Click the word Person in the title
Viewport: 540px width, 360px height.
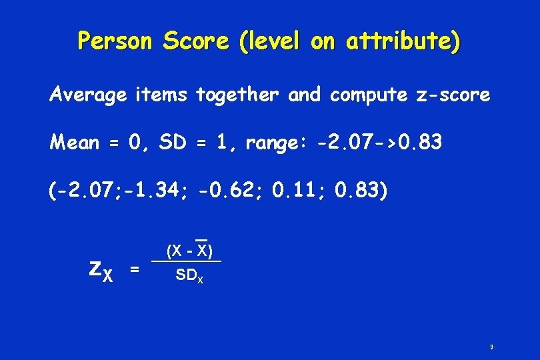pos(115,41)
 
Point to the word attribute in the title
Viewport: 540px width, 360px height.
pos(400,41)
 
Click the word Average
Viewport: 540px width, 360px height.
pos(87,95)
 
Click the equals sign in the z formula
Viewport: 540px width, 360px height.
pos(135,269)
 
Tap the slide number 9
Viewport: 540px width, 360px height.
pos(491,347)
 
